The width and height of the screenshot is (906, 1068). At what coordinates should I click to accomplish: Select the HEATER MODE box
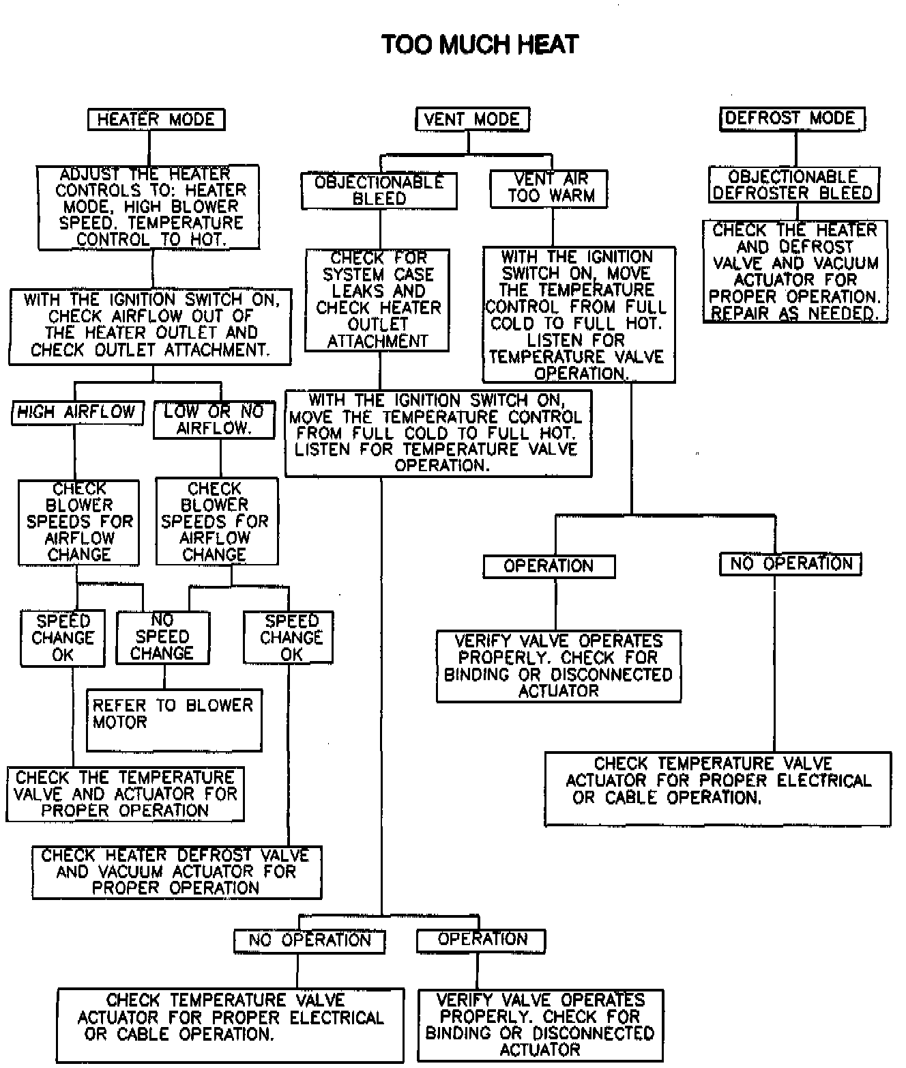coord(156,120)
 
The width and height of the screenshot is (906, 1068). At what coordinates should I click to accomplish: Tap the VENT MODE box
coord(472,120)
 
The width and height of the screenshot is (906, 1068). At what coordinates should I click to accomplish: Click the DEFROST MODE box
coord(791,119)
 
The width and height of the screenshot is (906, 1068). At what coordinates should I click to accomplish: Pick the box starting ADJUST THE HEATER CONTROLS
coord(149,207)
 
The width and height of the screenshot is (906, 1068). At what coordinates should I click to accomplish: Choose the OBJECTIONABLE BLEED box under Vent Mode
coord(379,191)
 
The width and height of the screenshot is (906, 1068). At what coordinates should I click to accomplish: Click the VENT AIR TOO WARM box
coord(549,188)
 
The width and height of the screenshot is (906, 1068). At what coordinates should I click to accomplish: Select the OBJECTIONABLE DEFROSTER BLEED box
coord(793,185)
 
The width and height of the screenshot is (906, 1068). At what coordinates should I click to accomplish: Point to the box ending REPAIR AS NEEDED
coord(795,271)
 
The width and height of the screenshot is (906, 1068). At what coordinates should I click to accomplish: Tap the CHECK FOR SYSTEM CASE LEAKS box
coord(377,300)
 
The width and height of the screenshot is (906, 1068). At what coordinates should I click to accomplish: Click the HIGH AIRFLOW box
coord(77,413)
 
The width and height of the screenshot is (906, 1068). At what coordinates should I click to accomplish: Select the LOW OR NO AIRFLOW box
coord(214,419)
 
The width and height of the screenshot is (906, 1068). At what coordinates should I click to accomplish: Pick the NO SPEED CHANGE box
coord(162,637)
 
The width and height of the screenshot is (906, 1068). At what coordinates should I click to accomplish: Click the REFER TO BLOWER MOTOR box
coord(174,720)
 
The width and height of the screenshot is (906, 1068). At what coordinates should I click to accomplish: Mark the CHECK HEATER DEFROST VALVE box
coord(177,872)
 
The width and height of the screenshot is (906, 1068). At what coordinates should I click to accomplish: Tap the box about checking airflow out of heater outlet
coord(150,326)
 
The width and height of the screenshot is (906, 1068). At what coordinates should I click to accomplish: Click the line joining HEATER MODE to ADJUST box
coord(149,147)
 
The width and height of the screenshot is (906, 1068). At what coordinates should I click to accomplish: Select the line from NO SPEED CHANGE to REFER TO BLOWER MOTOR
coord(164,677)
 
